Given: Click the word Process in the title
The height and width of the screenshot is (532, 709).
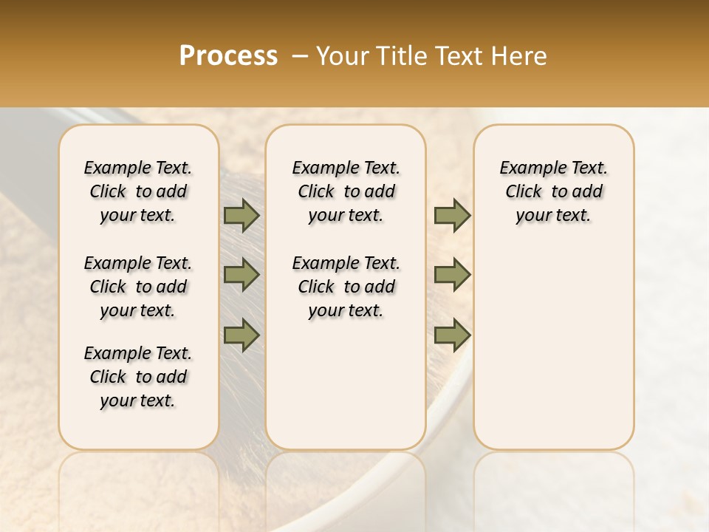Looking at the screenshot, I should (228, 56).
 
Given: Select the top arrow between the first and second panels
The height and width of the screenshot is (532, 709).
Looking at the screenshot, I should (241, 215).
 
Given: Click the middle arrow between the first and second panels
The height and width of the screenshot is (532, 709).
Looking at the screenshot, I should (241, 275).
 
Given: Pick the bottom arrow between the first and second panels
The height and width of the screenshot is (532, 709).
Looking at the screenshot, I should (241, 335).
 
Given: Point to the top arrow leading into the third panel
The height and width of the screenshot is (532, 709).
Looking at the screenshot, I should (452, 215).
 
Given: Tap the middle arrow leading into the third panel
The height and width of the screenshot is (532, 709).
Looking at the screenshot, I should (452, 275).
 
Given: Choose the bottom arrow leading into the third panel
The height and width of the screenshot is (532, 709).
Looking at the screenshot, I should (452, 335).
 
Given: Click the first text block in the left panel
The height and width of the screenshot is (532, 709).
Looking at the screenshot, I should (138, 191).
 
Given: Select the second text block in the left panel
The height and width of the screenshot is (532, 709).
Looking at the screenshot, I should (138, 287).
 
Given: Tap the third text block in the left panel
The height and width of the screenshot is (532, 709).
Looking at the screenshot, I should (138, 377).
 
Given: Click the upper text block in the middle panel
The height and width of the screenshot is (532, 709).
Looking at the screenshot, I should (346, 191).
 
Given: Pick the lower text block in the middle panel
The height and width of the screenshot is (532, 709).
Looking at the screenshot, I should (346, 287).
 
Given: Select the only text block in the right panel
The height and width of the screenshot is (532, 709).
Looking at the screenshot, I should (554, 191).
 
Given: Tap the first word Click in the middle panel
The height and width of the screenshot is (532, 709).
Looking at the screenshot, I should (316, 192).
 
